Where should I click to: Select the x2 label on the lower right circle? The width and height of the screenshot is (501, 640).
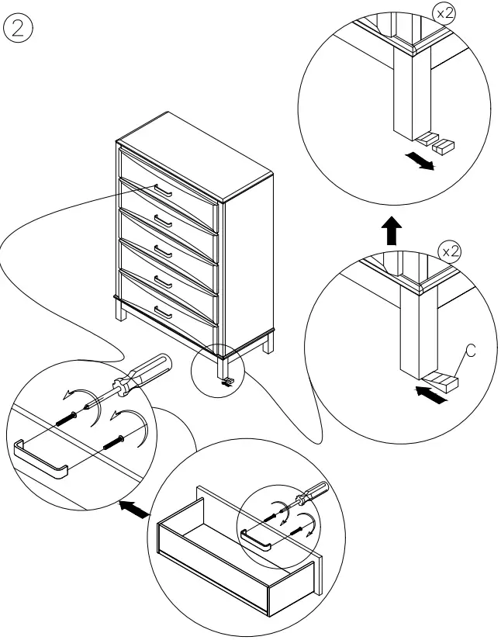point(450,252)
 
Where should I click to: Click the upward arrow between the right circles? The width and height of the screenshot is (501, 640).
point(392,230)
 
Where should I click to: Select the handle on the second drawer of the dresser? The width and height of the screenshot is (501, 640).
point(163,220)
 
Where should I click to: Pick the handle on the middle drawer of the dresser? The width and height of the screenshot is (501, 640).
point(163,250)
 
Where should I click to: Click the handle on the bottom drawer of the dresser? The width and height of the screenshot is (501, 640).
point(163,311)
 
